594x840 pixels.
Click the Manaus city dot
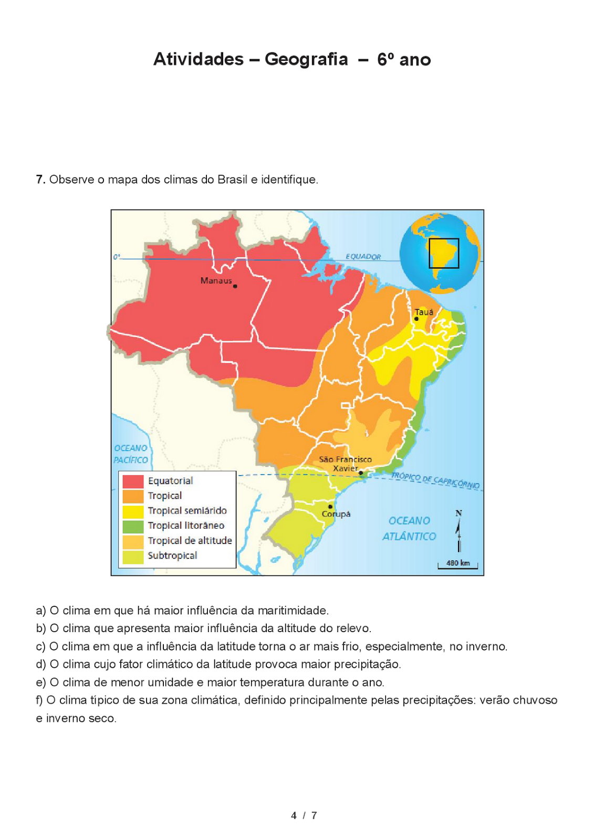coord(235,286)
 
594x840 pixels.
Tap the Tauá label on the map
coord(424,312)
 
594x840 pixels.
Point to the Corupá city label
coord(336,514)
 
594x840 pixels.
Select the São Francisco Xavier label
coord(345,464)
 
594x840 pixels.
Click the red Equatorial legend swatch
coord(133,481)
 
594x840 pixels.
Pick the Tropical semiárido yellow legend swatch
coord(133,511)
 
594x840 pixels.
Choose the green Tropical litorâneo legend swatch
coord(133,526)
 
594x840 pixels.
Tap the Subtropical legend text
coord(172,555)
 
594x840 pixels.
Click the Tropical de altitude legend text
coord(190,541)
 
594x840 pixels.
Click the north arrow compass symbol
coord(458,530)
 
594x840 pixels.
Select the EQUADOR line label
coord(363,257)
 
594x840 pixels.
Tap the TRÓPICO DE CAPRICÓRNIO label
coord(435,480)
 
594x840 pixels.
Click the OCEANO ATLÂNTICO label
coord(409,528)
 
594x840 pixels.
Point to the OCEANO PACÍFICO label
coord(131,454)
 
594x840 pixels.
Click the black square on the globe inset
coord(444,253)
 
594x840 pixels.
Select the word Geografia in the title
coord(306,59)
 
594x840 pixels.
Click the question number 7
coord(40,180)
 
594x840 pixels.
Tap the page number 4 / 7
coord(304,815)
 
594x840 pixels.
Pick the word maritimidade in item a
coord(291,611)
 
